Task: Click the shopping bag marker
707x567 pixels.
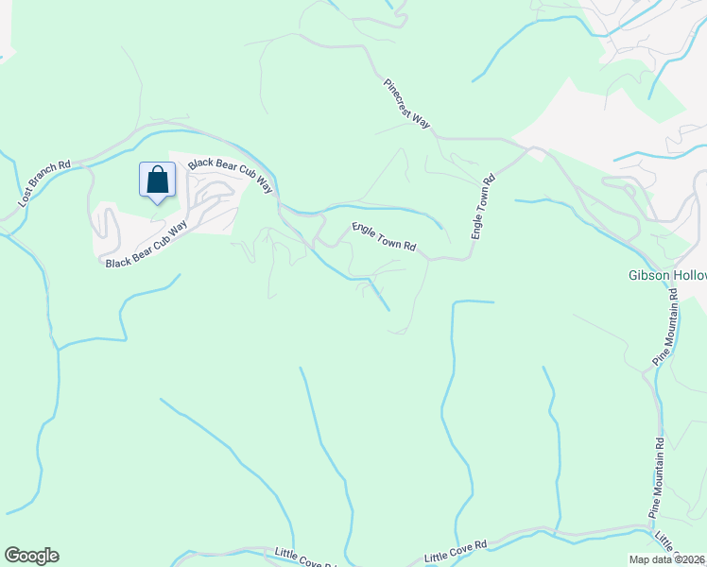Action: [158, 180]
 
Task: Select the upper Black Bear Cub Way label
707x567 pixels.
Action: [230, 175]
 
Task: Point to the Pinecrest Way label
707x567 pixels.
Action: [407, 104]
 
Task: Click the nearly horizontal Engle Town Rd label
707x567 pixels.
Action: [384, 236]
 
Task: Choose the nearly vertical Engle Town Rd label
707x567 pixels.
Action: [483, 206]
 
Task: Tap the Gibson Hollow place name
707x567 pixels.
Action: [667, 276]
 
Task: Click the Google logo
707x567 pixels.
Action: [31, 556]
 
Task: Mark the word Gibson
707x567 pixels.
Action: [648, 276]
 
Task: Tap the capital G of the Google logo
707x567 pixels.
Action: [12, 556]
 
